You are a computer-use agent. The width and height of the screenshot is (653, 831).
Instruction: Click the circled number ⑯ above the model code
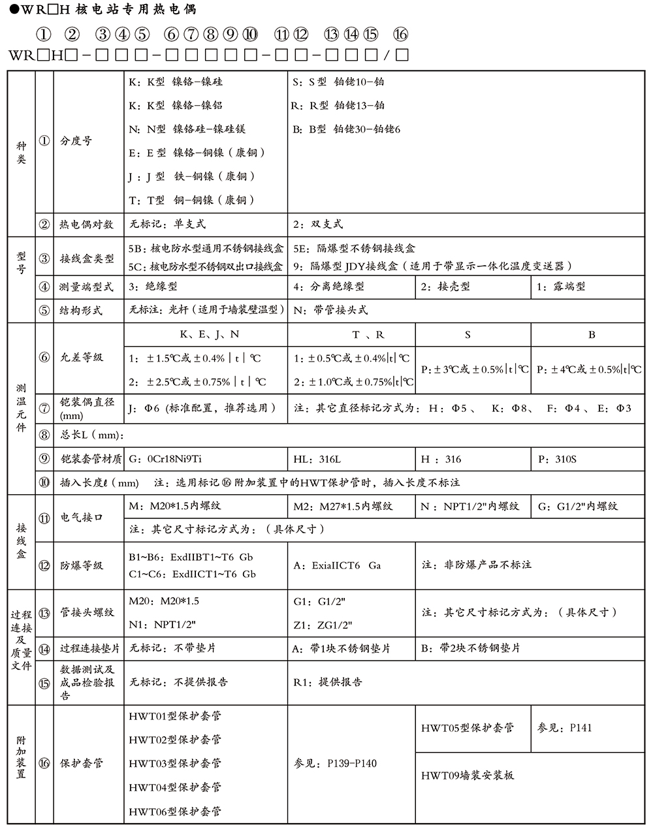click(x=401, y=35)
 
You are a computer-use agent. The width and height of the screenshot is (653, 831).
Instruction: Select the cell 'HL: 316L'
click(x=317, y=459)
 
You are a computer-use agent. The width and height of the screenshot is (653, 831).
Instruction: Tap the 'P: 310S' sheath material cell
click(x=557, y=459)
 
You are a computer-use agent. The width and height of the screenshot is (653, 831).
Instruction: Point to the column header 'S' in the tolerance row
click(x=468, y=334)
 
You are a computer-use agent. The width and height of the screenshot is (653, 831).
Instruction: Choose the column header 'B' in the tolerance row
click(x=592, y=334)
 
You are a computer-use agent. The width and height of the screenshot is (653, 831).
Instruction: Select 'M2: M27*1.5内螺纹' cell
click(x=343, y=506)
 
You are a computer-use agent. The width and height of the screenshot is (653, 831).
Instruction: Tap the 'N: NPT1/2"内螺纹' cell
click(x=470, y=506)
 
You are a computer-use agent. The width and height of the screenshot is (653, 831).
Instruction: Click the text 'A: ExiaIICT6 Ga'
click(x=337, y=565)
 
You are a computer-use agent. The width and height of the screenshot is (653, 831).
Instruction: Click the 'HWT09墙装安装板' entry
click(x=468, y=776)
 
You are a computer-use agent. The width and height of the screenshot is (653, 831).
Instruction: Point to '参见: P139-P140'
click(x=336, y=763)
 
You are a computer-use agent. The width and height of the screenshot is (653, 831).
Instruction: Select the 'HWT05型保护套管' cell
click(x=467, y=728)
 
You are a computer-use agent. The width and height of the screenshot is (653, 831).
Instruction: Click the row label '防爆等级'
click(x=82, y=565)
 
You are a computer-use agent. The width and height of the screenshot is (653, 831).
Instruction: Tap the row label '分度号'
click(x=76, y=141)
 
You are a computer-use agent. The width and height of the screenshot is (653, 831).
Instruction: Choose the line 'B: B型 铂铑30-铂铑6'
click(x=346, y=129)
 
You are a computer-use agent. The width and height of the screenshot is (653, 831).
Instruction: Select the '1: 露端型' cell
click(x=561, y=286)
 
